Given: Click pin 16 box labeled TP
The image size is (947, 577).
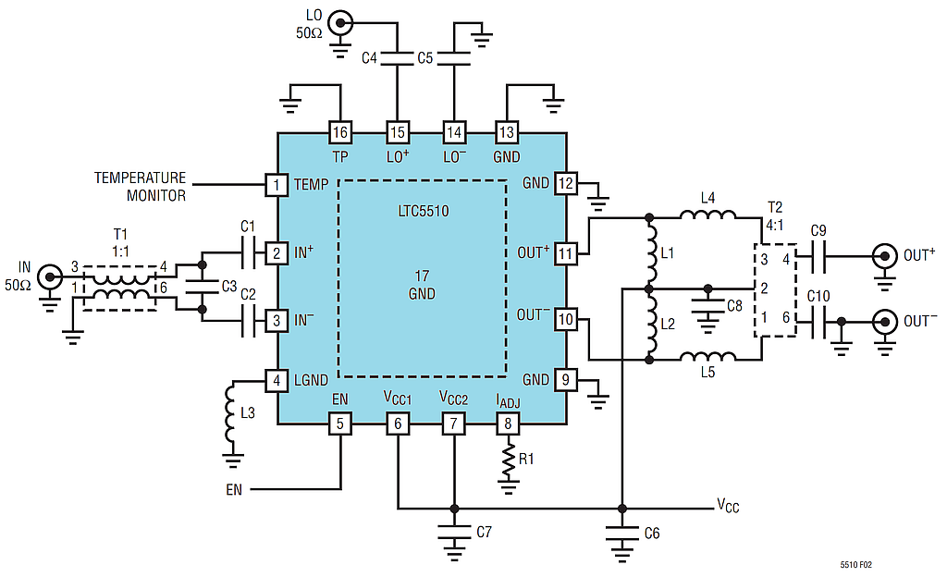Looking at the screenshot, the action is pyautogui.click(x=340, y=132).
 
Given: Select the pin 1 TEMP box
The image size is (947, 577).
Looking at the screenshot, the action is pyautogui.click(x=277, y=184).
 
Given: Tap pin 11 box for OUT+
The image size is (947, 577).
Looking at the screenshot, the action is pyautogui.click(x=565, y=252).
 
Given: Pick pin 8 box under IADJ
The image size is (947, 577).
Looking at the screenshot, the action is pyautogui.click(x=508, y=424).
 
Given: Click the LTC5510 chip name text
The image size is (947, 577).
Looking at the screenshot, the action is pyautogui.click(x=424, y=211).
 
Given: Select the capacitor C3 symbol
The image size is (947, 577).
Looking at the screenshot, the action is pyautogui.click(x=203, y=287).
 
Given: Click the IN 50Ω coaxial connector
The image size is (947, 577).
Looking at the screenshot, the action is pyautogui.click(x=50, y=277).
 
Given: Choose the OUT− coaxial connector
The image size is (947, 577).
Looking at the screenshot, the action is pyautogui.click(x=885, y=321).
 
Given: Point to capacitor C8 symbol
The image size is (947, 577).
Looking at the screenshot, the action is pyautogui.click(x=707, y=305).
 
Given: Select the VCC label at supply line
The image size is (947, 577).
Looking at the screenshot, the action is pyautogui.click(x=729, y=505).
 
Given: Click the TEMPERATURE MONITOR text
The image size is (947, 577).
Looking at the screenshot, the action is pyautogui.click(x=141, y=187).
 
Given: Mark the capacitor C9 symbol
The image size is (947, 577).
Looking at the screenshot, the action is pyautogui.click(x=818, y=256).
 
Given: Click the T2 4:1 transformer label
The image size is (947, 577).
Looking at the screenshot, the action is pyautogui.click(x=775, y=216).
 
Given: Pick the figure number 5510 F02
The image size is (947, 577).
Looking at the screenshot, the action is pyautogui.click(x=855, y=565).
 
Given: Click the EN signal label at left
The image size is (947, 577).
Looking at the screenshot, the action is pyautogui.click(x=234, y=489).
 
